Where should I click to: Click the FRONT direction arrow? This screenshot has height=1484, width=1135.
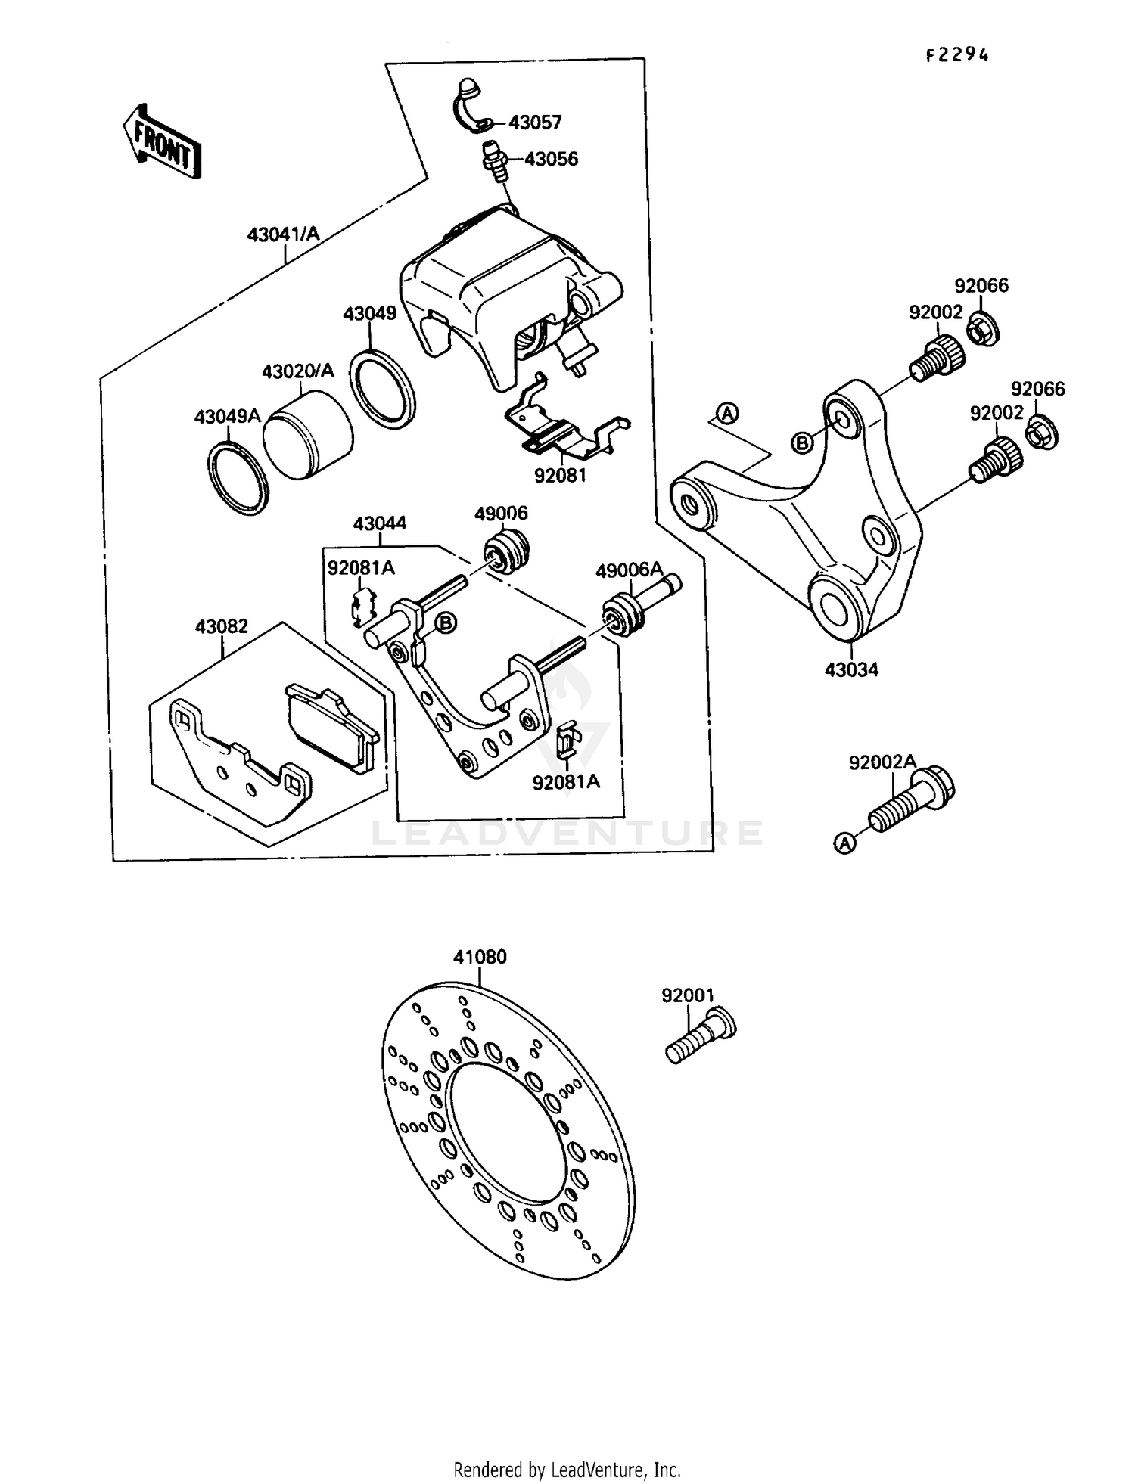coord(162,141)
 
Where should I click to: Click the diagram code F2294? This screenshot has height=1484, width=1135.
coord(956,55)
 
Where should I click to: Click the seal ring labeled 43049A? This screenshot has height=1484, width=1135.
coord(238,480)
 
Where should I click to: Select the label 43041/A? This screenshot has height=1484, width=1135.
coord(283,234)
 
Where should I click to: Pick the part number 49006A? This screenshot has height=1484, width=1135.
coord(628,570)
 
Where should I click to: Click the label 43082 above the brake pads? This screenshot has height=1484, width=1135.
coord(221,626)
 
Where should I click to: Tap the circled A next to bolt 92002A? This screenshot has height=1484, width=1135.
coord(844,842)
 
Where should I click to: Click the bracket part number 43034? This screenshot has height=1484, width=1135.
coord(851,669)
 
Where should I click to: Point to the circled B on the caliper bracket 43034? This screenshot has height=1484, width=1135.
coord(802,443)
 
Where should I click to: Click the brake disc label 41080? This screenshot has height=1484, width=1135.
coord(480,957)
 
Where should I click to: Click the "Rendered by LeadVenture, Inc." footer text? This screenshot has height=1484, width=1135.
coord(567,1470)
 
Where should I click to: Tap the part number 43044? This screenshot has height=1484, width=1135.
coord(380,523)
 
